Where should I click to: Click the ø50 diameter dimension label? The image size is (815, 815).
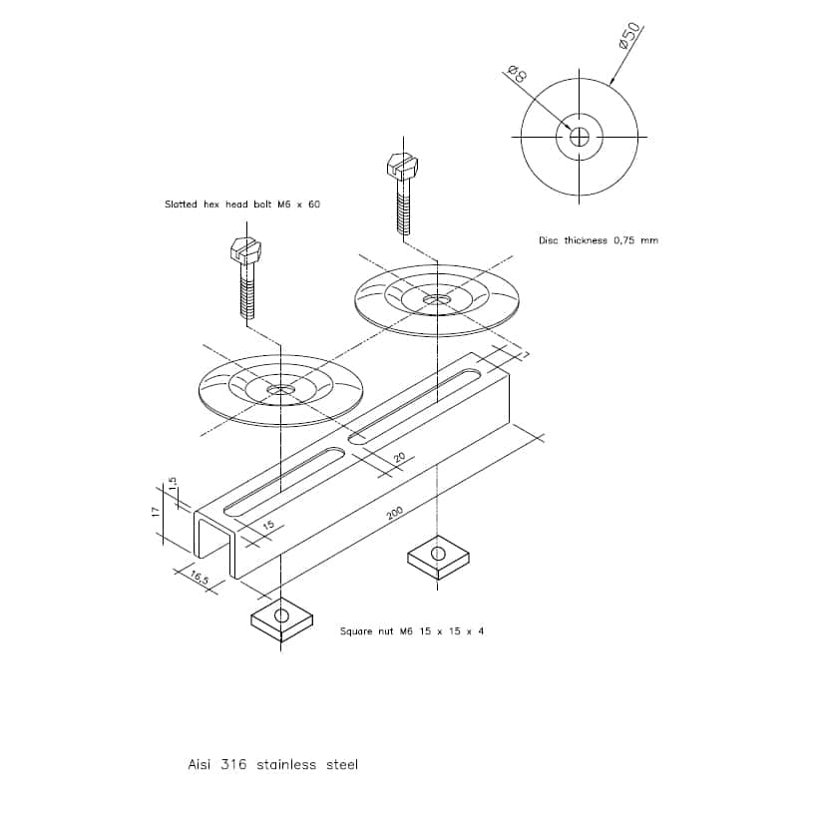pos(629,35)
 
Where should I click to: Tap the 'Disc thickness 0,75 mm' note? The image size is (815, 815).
pos(599,240)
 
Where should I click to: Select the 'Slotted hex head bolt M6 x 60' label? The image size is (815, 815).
pos(242,204)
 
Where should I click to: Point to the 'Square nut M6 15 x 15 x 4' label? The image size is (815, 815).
pos(412,631)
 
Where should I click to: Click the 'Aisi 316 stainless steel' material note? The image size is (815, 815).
pos(273,764)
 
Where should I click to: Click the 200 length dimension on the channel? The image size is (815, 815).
pos(395,513)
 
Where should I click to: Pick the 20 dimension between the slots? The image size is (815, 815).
pos(399,458)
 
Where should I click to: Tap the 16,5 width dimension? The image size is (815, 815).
pos(200,577)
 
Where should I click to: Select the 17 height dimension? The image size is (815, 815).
pos(155,512)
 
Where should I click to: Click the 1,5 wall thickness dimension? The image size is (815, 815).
pos(173,483)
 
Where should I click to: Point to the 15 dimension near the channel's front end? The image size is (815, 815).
pos(268,525)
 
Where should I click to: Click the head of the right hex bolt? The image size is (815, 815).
pos(403,166)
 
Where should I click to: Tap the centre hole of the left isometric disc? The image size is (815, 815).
pos(280,389)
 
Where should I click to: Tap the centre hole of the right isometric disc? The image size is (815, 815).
pos(437,300)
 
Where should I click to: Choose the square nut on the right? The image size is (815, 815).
pos(438,557)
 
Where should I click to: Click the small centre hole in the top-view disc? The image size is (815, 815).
pos(579,138)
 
